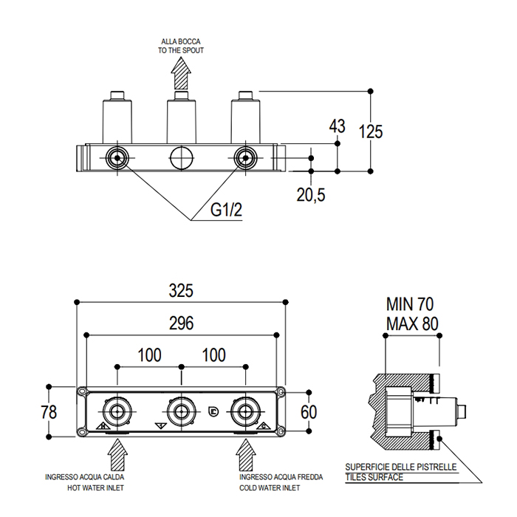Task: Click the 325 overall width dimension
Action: tap(180, 291)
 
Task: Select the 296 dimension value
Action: tap(180, 323)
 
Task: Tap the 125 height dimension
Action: tap(370, 131)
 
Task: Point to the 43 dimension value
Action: tap(337, 126)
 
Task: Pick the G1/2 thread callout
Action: tap(226, 210)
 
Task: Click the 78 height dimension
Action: tap(49, 411)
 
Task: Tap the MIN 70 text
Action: tap(411, 304)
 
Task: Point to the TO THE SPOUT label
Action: tap(181, 50)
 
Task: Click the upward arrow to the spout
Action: tap(180, 75)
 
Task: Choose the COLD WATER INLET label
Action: tap(270, 487)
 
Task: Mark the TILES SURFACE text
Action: tap(374, 478)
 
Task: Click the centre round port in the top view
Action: tap(180, 157)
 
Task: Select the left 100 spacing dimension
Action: tap(148, 355)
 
